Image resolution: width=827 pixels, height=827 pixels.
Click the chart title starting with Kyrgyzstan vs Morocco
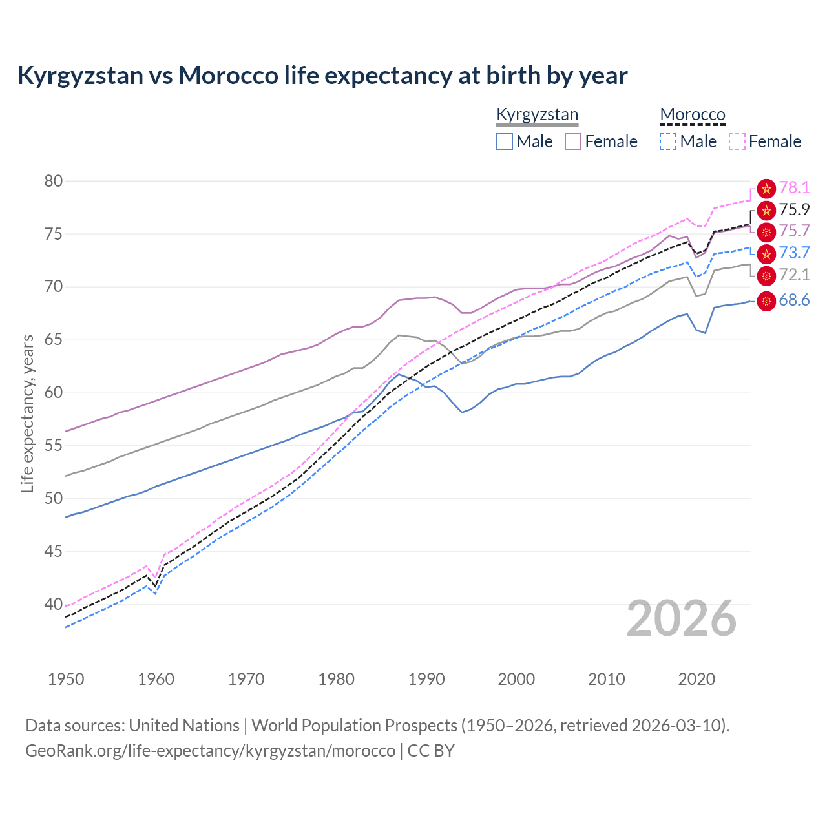tap(322, 76)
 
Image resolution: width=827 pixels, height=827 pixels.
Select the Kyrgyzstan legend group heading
tap(537, 115)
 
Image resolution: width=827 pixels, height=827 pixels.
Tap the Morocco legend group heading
tap(693, 115)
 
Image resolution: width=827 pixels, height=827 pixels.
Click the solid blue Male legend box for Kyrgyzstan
tap(505, 141)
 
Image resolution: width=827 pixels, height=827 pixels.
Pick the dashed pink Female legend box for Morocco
tap(737, 141)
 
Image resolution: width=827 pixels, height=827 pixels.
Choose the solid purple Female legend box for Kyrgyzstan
tap(573, 141)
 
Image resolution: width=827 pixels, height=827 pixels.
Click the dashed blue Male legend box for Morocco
tap(668, 141)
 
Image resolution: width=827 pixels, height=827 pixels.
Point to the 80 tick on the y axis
tap(54, 181)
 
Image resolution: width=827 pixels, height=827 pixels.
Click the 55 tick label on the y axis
tap(54, 446)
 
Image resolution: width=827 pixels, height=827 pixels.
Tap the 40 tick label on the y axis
tap(54, 605)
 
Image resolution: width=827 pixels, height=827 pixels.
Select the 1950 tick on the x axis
tap(66, 679)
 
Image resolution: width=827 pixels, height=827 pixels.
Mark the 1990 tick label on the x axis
tap(426, 679)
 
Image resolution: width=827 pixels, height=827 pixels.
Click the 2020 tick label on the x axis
tap(696, 679)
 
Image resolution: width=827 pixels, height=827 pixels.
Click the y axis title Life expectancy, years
tap(27, 413)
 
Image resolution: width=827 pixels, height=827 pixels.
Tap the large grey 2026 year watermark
tap(682, 618)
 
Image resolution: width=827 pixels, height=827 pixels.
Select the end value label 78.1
tap(794, 188)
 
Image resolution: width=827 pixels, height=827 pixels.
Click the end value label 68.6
tap(794, 300)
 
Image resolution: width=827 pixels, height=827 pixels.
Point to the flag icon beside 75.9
tap(766, 210)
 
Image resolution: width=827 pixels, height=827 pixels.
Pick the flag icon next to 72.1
tap(766, 276)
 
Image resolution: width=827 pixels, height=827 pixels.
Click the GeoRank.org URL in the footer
tap(210, 751)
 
